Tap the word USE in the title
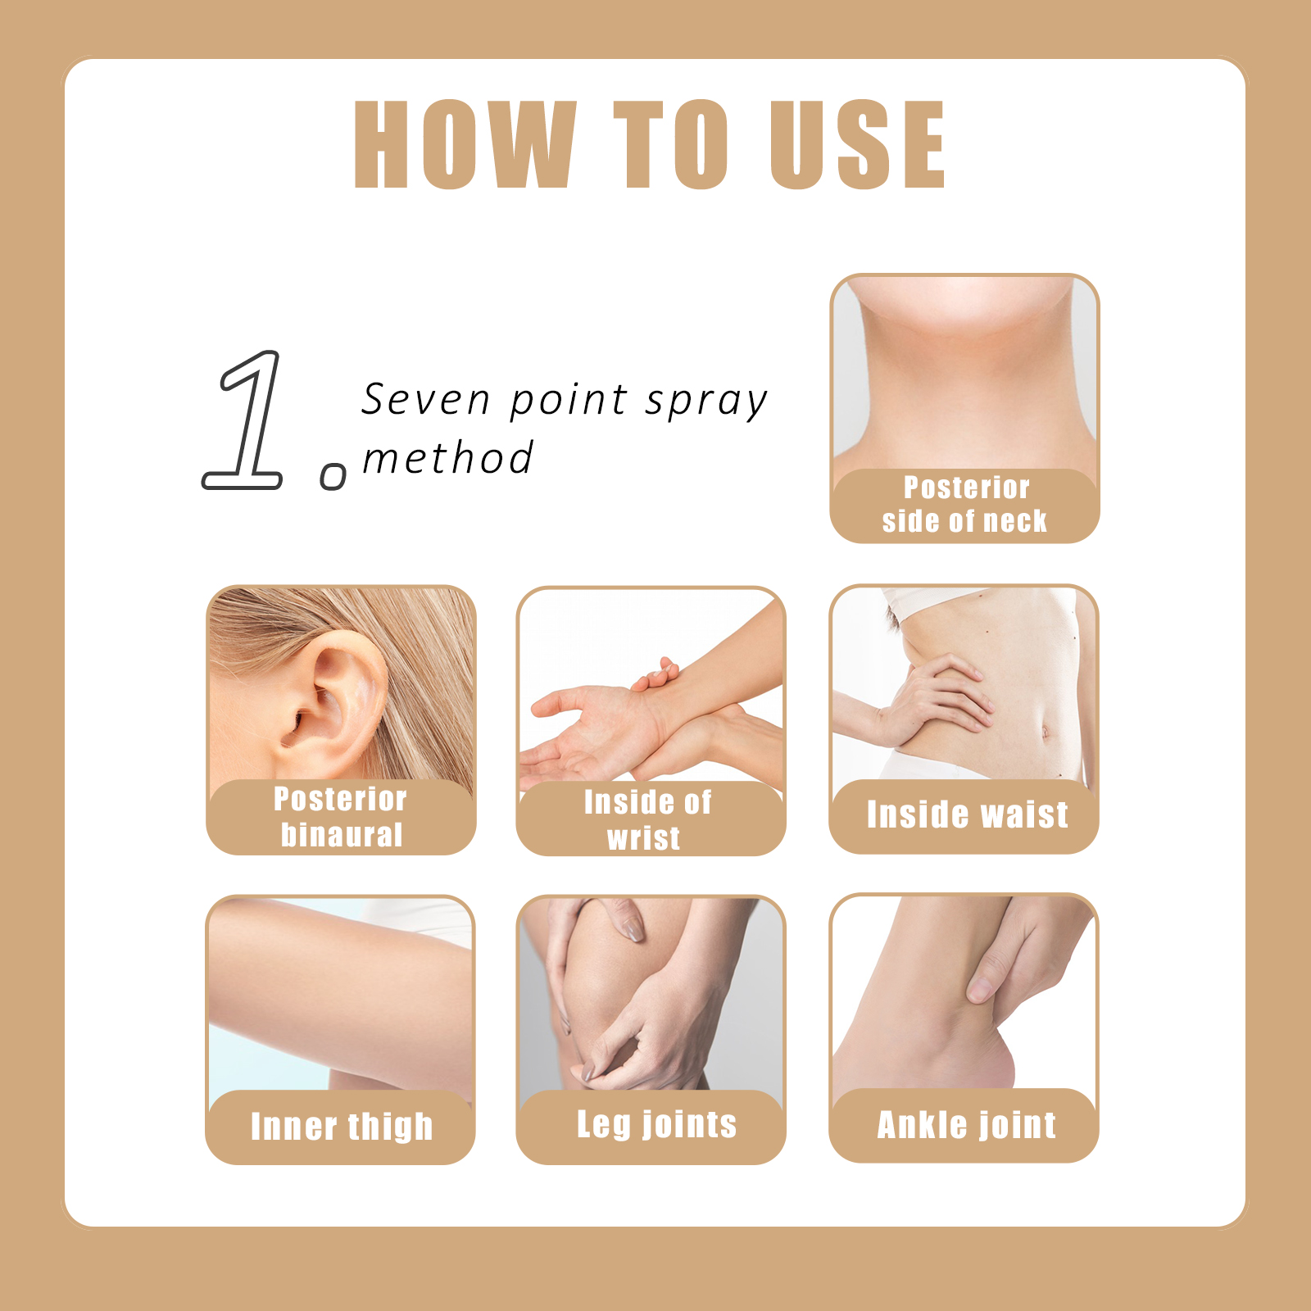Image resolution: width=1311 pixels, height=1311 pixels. point(857,144)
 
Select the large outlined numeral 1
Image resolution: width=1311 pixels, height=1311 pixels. point(243,420)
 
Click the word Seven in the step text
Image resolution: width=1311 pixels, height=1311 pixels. point(426,400)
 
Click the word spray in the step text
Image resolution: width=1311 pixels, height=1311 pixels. point(706,402)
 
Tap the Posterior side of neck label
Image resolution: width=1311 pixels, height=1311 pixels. point(965,505)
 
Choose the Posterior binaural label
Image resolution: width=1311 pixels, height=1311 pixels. point(341,817)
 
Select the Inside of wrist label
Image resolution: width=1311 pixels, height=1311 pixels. point(647,820)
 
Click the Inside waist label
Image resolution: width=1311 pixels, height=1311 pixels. point(967,815)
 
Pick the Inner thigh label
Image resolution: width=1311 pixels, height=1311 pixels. point(342,1127)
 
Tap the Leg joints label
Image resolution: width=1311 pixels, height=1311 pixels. point(657,1124)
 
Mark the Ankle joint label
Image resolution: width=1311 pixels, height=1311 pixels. point(967,1125)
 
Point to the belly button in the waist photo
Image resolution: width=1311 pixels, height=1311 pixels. point(1046,731)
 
